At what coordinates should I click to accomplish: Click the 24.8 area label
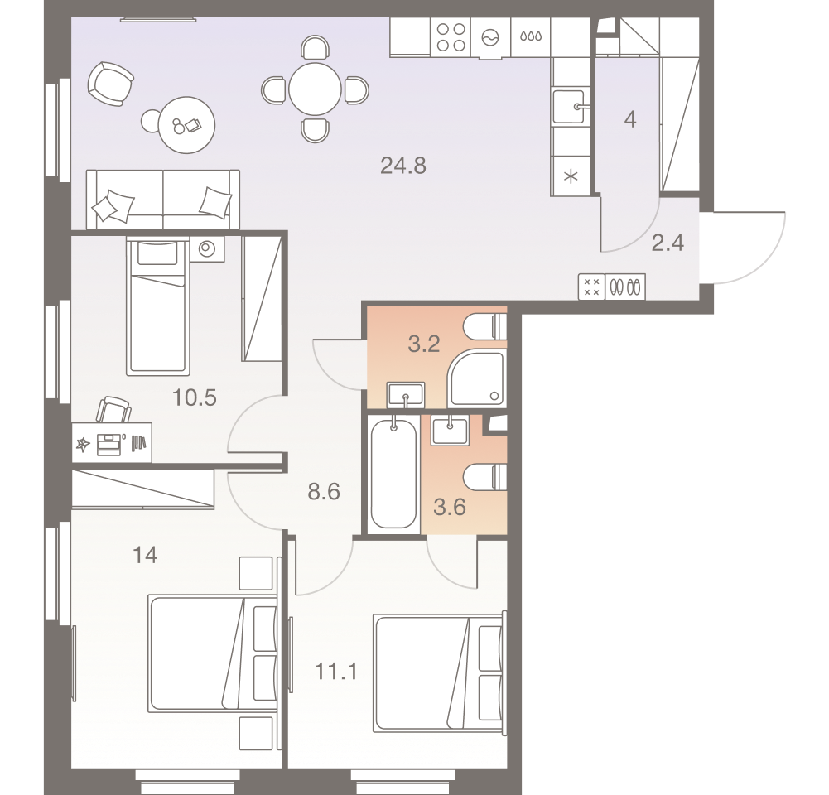402,166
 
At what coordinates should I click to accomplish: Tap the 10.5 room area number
194,398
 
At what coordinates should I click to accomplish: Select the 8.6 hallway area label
324,493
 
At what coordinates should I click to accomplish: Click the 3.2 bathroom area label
423,344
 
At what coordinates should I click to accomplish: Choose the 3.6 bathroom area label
450,507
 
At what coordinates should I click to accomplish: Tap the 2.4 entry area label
668,243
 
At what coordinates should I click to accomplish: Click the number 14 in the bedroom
145,555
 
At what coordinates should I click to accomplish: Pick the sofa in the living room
163,199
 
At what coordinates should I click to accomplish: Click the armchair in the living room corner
110,83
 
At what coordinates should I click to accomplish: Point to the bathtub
393,473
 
